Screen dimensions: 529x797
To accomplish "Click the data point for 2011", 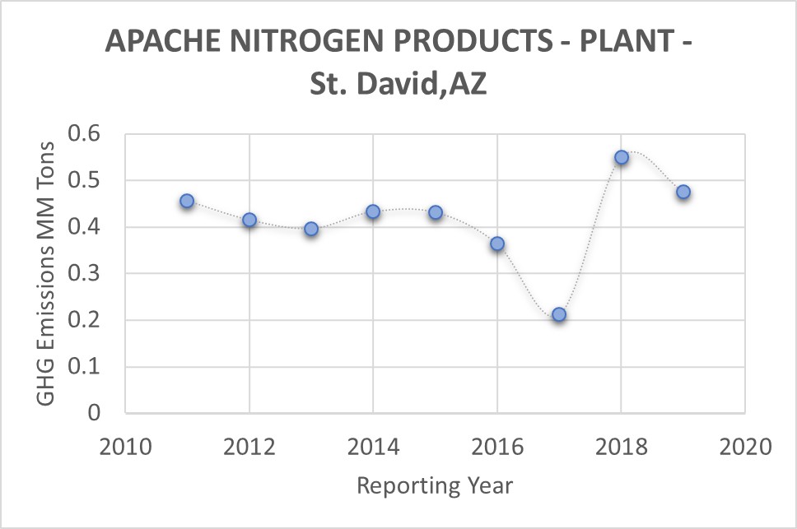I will tap(187, 201).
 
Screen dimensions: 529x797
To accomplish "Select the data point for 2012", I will tap(249, 220).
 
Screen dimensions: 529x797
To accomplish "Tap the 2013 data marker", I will tap(311, 229).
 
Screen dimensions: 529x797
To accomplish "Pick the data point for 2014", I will tap(373, 211).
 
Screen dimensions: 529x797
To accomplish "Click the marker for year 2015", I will tap(436, 212).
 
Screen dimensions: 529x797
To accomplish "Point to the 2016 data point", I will tap(497, 244).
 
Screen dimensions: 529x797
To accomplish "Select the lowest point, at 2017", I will tap(559, 314).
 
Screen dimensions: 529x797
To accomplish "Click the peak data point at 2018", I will tap(622, 157).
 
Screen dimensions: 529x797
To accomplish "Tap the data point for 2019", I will tap(683, 192).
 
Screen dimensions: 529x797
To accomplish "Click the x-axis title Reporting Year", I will tap(435, 485).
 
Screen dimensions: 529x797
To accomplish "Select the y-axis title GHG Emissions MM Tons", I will tap(45, 273).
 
